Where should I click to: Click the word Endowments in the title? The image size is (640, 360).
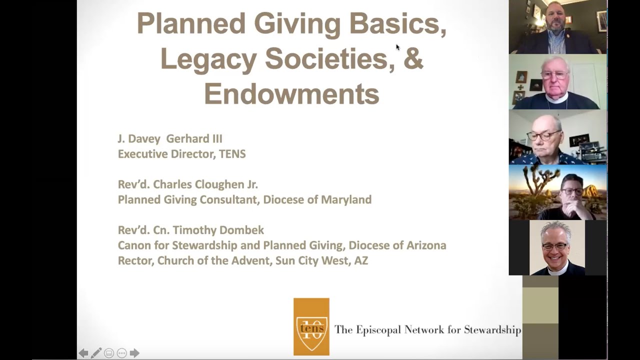pos(291,93)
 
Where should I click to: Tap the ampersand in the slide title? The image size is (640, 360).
pos(413,58)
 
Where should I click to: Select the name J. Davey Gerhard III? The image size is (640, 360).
pos(170,138)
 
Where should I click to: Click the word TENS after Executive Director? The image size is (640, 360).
pos(232,154)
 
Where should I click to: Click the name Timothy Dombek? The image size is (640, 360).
pos(220,230)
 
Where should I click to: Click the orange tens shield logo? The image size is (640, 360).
pos(311,326)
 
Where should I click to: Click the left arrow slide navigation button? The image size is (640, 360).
pos(83,353)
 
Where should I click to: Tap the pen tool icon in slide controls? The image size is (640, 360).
pos(96,353)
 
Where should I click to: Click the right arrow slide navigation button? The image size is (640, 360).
pos(134,353)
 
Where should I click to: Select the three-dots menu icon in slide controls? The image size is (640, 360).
pos(121,353)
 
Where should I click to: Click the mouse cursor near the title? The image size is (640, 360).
pos(398,47)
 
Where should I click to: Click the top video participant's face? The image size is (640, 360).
pos(556,21)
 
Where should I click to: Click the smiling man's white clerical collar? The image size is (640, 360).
pos(556,268)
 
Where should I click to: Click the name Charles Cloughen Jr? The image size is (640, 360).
pos(205,184)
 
